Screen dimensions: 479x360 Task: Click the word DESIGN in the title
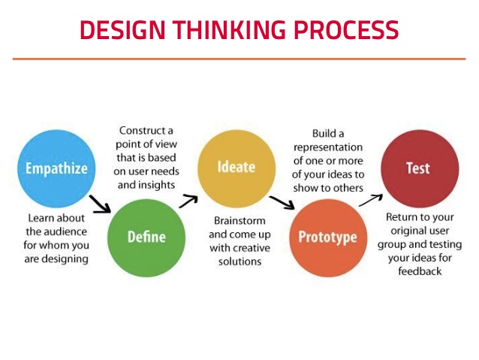(x=123, y=29)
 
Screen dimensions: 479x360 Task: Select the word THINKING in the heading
(x=230, y=29)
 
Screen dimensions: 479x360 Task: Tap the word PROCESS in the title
(x=346, y=29)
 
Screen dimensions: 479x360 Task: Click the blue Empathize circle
(x=56, y=168)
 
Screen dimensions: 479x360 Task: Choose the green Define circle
(x=146, y=237)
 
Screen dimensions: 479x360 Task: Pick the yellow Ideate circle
(x=236, y=168)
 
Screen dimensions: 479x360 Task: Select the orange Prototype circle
(x=328, y=237)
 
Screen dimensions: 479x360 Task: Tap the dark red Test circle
(x=420, y=168)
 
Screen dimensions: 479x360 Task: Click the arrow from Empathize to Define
(x=100, y=204)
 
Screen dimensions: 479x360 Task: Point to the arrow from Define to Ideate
(x=188, y=201)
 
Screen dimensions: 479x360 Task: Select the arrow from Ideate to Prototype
(x=282, y=202)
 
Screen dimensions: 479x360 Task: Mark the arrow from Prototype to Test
(x=371, y=200)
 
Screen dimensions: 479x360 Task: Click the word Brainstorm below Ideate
(x=239, y=221)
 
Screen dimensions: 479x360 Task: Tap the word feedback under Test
(x=420, y=271)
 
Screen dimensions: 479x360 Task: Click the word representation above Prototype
(x=328, y=147)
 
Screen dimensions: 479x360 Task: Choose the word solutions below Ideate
(x=239, y=262)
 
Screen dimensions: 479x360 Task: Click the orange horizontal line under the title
(x=239, y=59)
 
